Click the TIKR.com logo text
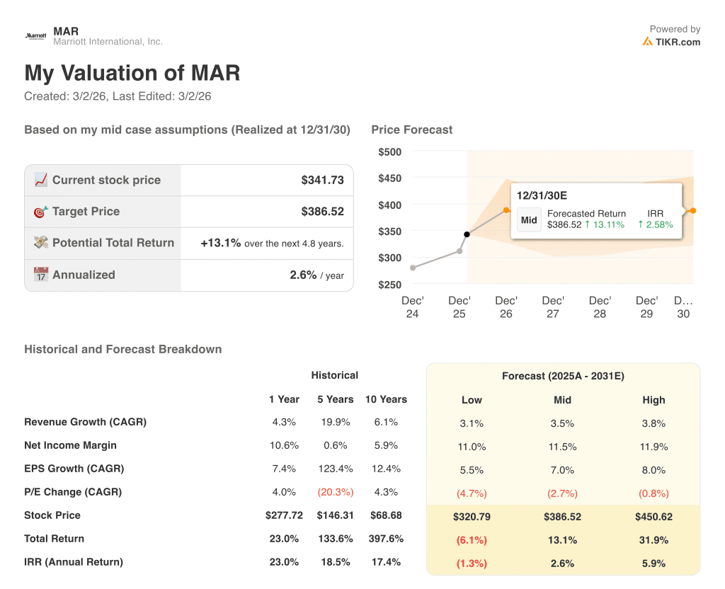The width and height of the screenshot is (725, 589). [677, 42]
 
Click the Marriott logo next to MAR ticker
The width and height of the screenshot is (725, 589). [35, 35]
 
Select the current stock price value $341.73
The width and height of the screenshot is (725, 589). [322, 181]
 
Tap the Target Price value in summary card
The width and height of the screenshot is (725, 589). [322, 212]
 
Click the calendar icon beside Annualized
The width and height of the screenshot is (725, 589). [41, 275]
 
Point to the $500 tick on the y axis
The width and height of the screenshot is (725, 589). [389, 151]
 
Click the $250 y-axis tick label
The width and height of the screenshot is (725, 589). [389, 285]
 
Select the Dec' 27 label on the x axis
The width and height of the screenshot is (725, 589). [553, 307]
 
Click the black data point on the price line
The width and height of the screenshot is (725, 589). [467, 234]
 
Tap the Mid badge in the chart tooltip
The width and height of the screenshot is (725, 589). [529, 219]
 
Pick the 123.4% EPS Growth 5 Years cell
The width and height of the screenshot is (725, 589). [335, 469]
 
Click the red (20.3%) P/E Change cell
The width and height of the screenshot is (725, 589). [335, 492]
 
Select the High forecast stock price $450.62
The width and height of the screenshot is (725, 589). [653, 517]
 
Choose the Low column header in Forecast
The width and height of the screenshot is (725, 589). [472, 400]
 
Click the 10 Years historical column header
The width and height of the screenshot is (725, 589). [386, 399]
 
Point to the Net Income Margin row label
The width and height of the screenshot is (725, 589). [70, 445]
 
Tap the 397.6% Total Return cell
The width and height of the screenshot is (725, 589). [386, 539]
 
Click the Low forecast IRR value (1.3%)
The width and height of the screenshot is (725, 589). [472, 564]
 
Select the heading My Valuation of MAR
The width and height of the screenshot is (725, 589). [132, 73]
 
